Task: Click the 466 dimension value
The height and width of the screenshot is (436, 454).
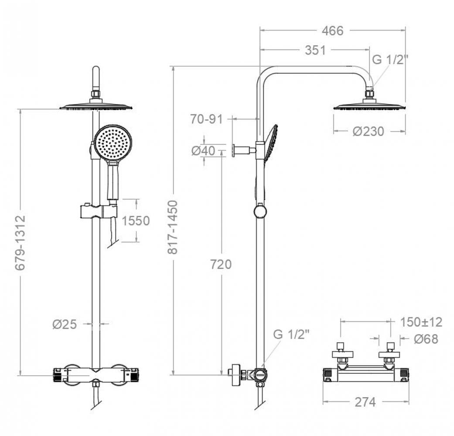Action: pos(332,31)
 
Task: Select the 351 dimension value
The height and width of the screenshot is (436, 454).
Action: pos(315,50)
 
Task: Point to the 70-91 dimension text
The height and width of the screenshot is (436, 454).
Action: pos(206,119)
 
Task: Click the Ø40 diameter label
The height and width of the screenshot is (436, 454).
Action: pos(203,151)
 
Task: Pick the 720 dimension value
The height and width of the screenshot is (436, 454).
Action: pos(221,264)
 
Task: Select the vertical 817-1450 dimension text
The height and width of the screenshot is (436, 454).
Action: pos(174,227)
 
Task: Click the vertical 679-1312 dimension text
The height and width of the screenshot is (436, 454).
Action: pos(20,242)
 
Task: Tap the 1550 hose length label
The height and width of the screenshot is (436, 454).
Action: pos(136,221)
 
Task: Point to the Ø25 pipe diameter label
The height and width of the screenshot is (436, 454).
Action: pos(65,324)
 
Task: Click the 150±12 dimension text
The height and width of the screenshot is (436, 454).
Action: pos(421,322)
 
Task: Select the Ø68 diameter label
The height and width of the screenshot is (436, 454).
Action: pos(426,339)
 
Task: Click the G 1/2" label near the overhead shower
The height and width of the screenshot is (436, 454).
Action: pos(389,60)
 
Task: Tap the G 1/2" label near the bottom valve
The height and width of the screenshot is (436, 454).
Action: pos(291,334)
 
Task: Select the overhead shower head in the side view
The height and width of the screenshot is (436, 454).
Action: pos(369,106)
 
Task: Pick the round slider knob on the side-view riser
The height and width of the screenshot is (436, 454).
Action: pos(259,211)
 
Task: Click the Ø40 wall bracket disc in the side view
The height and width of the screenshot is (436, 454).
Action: pos(235,150)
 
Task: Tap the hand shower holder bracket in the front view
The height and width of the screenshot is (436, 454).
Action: pos(99,211)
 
